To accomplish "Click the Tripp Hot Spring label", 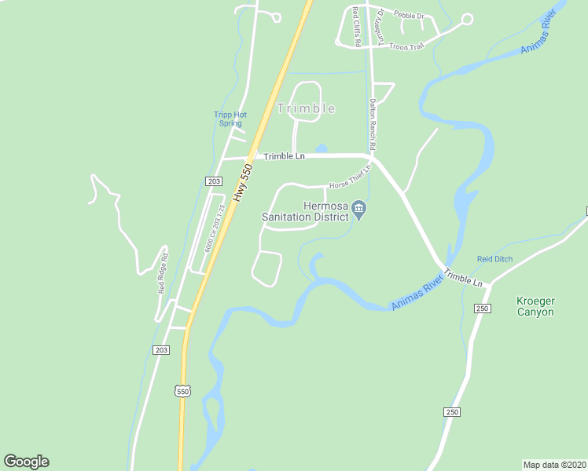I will tap(230, 119).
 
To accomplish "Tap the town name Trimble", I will tap(307, 108).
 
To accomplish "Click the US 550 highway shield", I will tap(182, 390).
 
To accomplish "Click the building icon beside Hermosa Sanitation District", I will tap(359, 209).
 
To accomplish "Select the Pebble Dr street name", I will tap(408, 16).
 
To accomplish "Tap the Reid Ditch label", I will tap(494, 259).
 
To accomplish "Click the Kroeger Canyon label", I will tap(535, 306).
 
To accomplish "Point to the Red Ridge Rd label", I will tap(162, 272).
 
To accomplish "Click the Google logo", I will tap(26, 462).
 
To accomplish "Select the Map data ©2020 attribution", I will tap(554, 464).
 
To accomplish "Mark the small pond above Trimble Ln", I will tap(321, 148).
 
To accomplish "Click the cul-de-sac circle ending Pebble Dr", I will tap(467, 20).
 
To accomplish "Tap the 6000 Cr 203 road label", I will tap(209, 228).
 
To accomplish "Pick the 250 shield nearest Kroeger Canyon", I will tap(483, 309).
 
